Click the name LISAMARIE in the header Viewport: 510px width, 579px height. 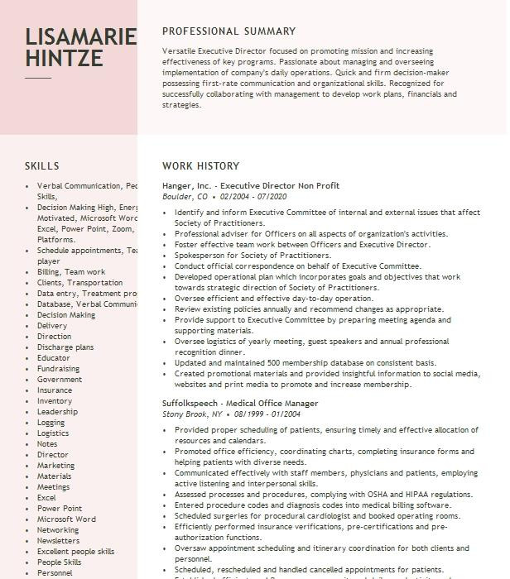click(x=80, y=36)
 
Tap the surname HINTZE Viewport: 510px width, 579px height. click(x=64, y=59)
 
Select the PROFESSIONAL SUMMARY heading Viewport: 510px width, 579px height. click(x=229, y=31)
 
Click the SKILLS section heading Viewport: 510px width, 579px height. click(x=41, y=166)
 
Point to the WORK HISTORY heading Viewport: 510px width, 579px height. click(x=200, y=166)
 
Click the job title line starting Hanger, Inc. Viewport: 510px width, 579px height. click(x=251, y=186)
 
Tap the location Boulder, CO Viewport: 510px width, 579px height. click(x=185, y=197)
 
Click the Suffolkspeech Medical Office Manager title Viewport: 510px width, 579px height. click(x=240, y=404)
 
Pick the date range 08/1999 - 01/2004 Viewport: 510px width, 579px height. click(x=267, y=414)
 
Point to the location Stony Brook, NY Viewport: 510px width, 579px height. click(x=192, y=414)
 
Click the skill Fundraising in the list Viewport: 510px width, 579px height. click(x=58, y=369)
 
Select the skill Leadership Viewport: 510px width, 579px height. click(x=57, y=412)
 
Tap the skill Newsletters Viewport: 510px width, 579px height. click(x=58, y=541)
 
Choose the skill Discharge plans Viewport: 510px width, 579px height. click(x=65, y=347)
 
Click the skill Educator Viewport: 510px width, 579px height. click(x=54, y=358)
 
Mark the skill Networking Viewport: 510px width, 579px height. click(x=58, y=530)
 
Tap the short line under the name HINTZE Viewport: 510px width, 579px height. click(x=37, y=77)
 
